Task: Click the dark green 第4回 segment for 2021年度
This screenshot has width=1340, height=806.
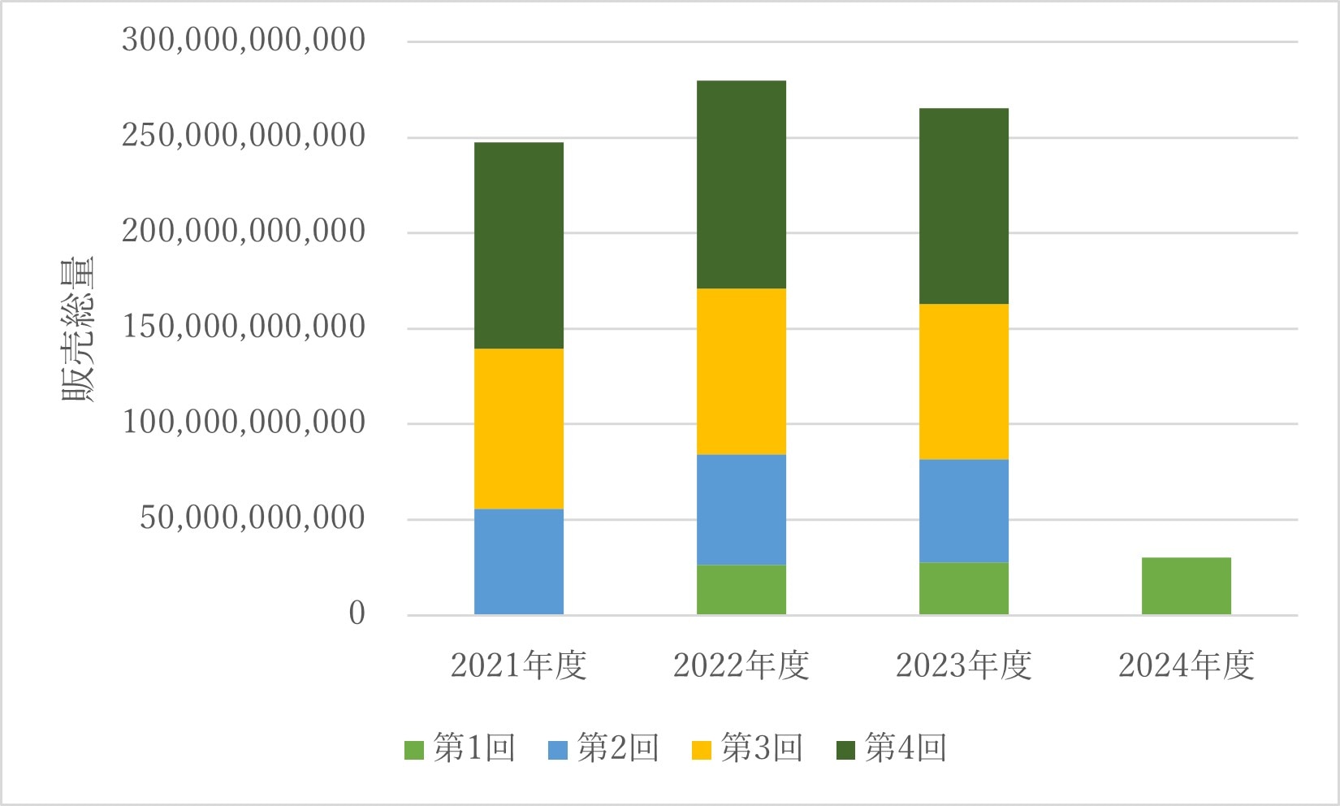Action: (x=519, y=245)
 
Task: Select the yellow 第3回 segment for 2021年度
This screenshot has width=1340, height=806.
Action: (x=519, y=428)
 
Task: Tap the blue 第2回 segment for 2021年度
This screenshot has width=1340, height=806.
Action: (x=519, y=561)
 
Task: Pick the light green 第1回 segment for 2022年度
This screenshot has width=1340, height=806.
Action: (x=741, y=589)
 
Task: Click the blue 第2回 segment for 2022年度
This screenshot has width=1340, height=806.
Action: (x=741, y=509)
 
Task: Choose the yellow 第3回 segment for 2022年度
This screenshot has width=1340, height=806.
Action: (x=741, y=371)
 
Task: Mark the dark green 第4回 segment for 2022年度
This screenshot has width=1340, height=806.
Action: (x=741, y=184)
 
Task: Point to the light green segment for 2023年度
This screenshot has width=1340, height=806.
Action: (x=963, y=587)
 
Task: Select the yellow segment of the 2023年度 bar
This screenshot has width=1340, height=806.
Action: (x=963, y=381)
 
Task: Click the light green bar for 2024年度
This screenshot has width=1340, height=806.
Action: (x=1186, y=585)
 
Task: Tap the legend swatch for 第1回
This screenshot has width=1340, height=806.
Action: (x=414, y=749)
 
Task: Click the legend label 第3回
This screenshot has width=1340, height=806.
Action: (x=762, y=747)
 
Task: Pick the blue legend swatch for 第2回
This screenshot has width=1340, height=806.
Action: (x=558, y=749)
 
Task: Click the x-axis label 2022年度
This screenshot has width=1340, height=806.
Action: (x=741, y=665)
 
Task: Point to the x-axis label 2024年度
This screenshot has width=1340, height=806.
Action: (x=1186, y=665)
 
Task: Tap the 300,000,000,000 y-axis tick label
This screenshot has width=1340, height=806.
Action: (x=244, y=40)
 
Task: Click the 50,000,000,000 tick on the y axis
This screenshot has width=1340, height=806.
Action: (x=253, y=518)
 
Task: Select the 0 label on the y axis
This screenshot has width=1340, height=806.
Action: (x=357, y=613)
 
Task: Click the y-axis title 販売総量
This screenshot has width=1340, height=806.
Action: (x=79, y=329)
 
